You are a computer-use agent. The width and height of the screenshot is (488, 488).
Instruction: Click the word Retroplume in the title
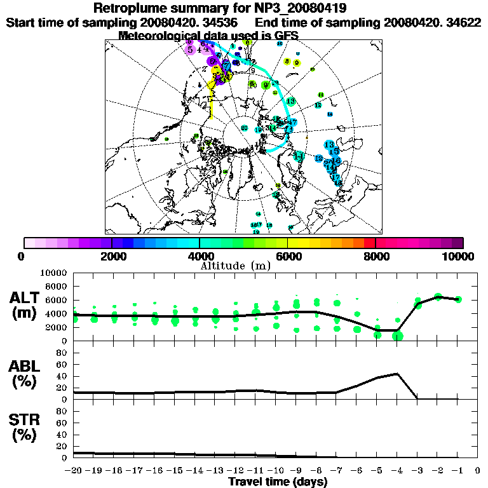(x=131, y=8)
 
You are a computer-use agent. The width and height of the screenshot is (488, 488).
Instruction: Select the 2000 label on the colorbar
(x=111, y=256)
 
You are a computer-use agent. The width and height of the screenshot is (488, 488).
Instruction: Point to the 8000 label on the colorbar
(x=375, y=256)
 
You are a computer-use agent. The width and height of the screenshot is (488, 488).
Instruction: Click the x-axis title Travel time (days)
(x=278, y=482)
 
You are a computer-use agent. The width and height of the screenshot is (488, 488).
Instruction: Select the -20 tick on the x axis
(x=74, y=471)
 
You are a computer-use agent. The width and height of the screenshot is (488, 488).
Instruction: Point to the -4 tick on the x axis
(x=396, y=471)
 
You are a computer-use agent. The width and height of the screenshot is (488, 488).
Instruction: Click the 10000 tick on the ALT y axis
(x=55, y=273)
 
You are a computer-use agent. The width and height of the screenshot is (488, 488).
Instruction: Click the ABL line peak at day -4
(x=397, y=374)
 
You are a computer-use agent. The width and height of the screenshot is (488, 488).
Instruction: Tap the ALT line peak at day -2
(x=438, y=295)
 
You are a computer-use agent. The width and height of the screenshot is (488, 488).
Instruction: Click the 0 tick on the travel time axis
(x=478, y=471)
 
